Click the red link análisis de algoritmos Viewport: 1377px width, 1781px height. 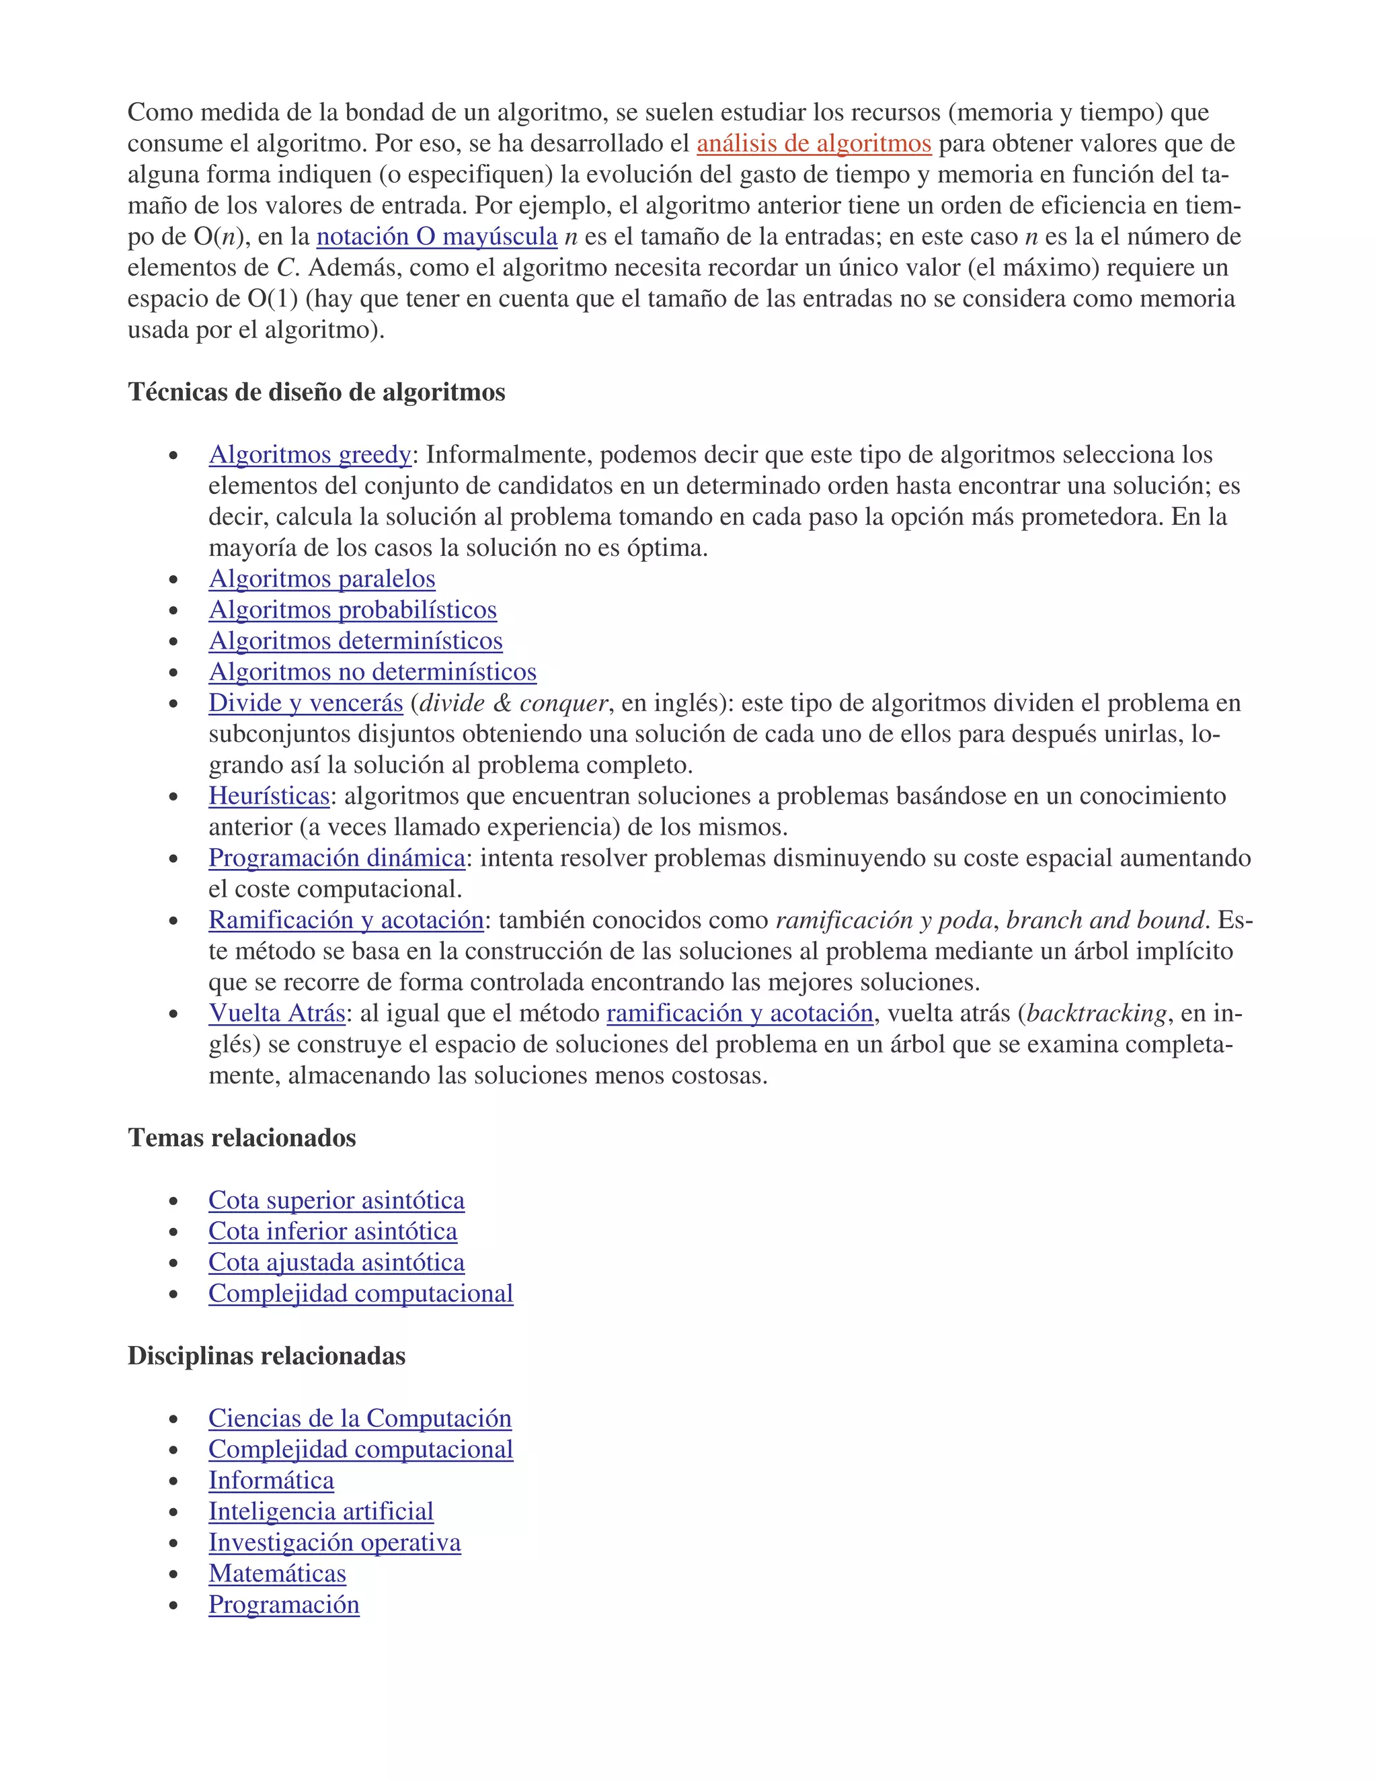pyautogui.click(x=814, y=144)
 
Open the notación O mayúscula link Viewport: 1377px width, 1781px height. pyautogui.click(x=436, y=237)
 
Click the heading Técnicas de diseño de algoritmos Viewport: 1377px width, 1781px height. pyautogui.click(x=317, y=392)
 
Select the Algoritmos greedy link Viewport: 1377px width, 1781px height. pyautogui.click(x=310, y=454)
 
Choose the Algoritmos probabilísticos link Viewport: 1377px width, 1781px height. pyautogui.click(x=352, y=610)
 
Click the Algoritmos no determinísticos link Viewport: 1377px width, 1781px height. pyautogui.click(x=372, y=672)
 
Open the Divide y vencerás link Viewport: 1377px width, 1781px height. pyautogui.click(x=305, y=703)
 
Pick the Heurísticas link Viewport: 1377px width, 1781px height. pyautogui.click(x=268, y=796)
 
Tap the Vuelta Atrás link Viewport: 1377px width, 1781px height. pyautogui.click(x=276, y=1013)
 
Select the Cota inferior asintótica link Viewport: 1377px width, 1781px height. pyautogui.click(x=332, y=1231)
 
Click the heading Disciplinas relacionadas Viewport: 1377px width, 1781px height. pyautogui.click(x=266, y=1356)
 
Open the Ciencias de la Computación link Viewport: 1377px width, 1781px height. pyautogui.click(x=360, y=1418)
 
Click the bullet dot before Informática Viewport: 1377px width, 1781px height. pyautogui.click(x=173, y=1482)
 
